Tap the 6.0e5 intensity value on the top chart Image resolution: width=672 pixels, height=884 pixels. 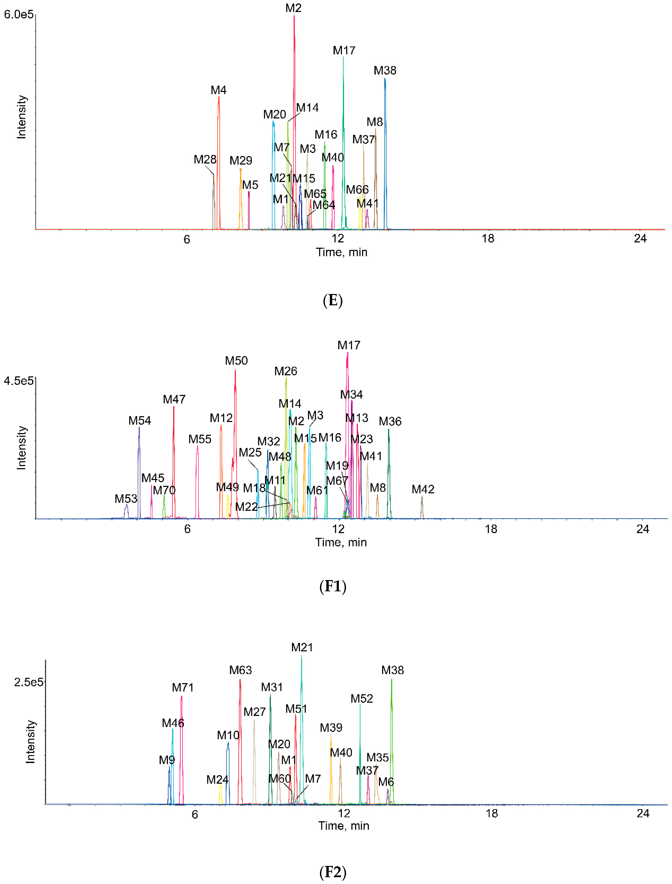pos(18,15)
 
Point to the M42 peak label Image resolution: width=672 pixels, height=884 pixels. pos(423,489)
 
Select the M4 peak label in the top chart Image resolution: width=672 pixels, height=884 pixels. pos(218,90)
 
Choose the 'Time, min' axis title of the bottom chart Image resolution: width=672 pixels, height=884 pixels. pos(344,826)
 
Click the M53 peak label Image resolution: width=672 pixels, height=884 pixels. pos(126,499)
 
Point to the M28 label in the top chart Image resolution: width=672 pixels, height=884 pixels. pos(205,160)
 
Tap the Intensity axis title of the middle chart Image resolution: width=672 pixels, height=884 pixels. pos(21,448)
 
